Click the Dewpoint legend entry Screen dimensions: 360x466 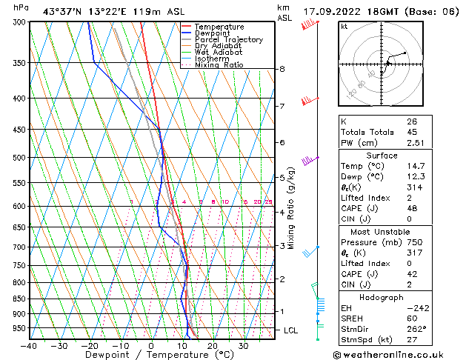click(219, 33)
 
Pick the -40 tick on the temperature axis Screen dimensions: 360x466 click(30, 346)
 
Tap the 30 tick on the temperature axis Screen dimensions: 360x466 click(243, 346)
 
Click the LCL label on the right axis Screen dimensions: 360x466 click(292, 330)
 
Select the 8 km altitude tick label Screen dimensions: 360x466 click(282, 69)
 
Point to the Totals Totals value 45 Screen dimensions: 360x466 click(412, 132)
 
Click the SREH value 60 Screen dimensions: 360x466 click(412, 318)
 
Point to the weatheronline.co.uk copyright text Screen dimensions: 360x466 click(398, 353)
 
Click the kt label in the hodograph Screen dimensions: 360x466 click(344, 26)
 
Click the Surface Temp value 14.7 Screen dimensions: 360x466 click(415, 167)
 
